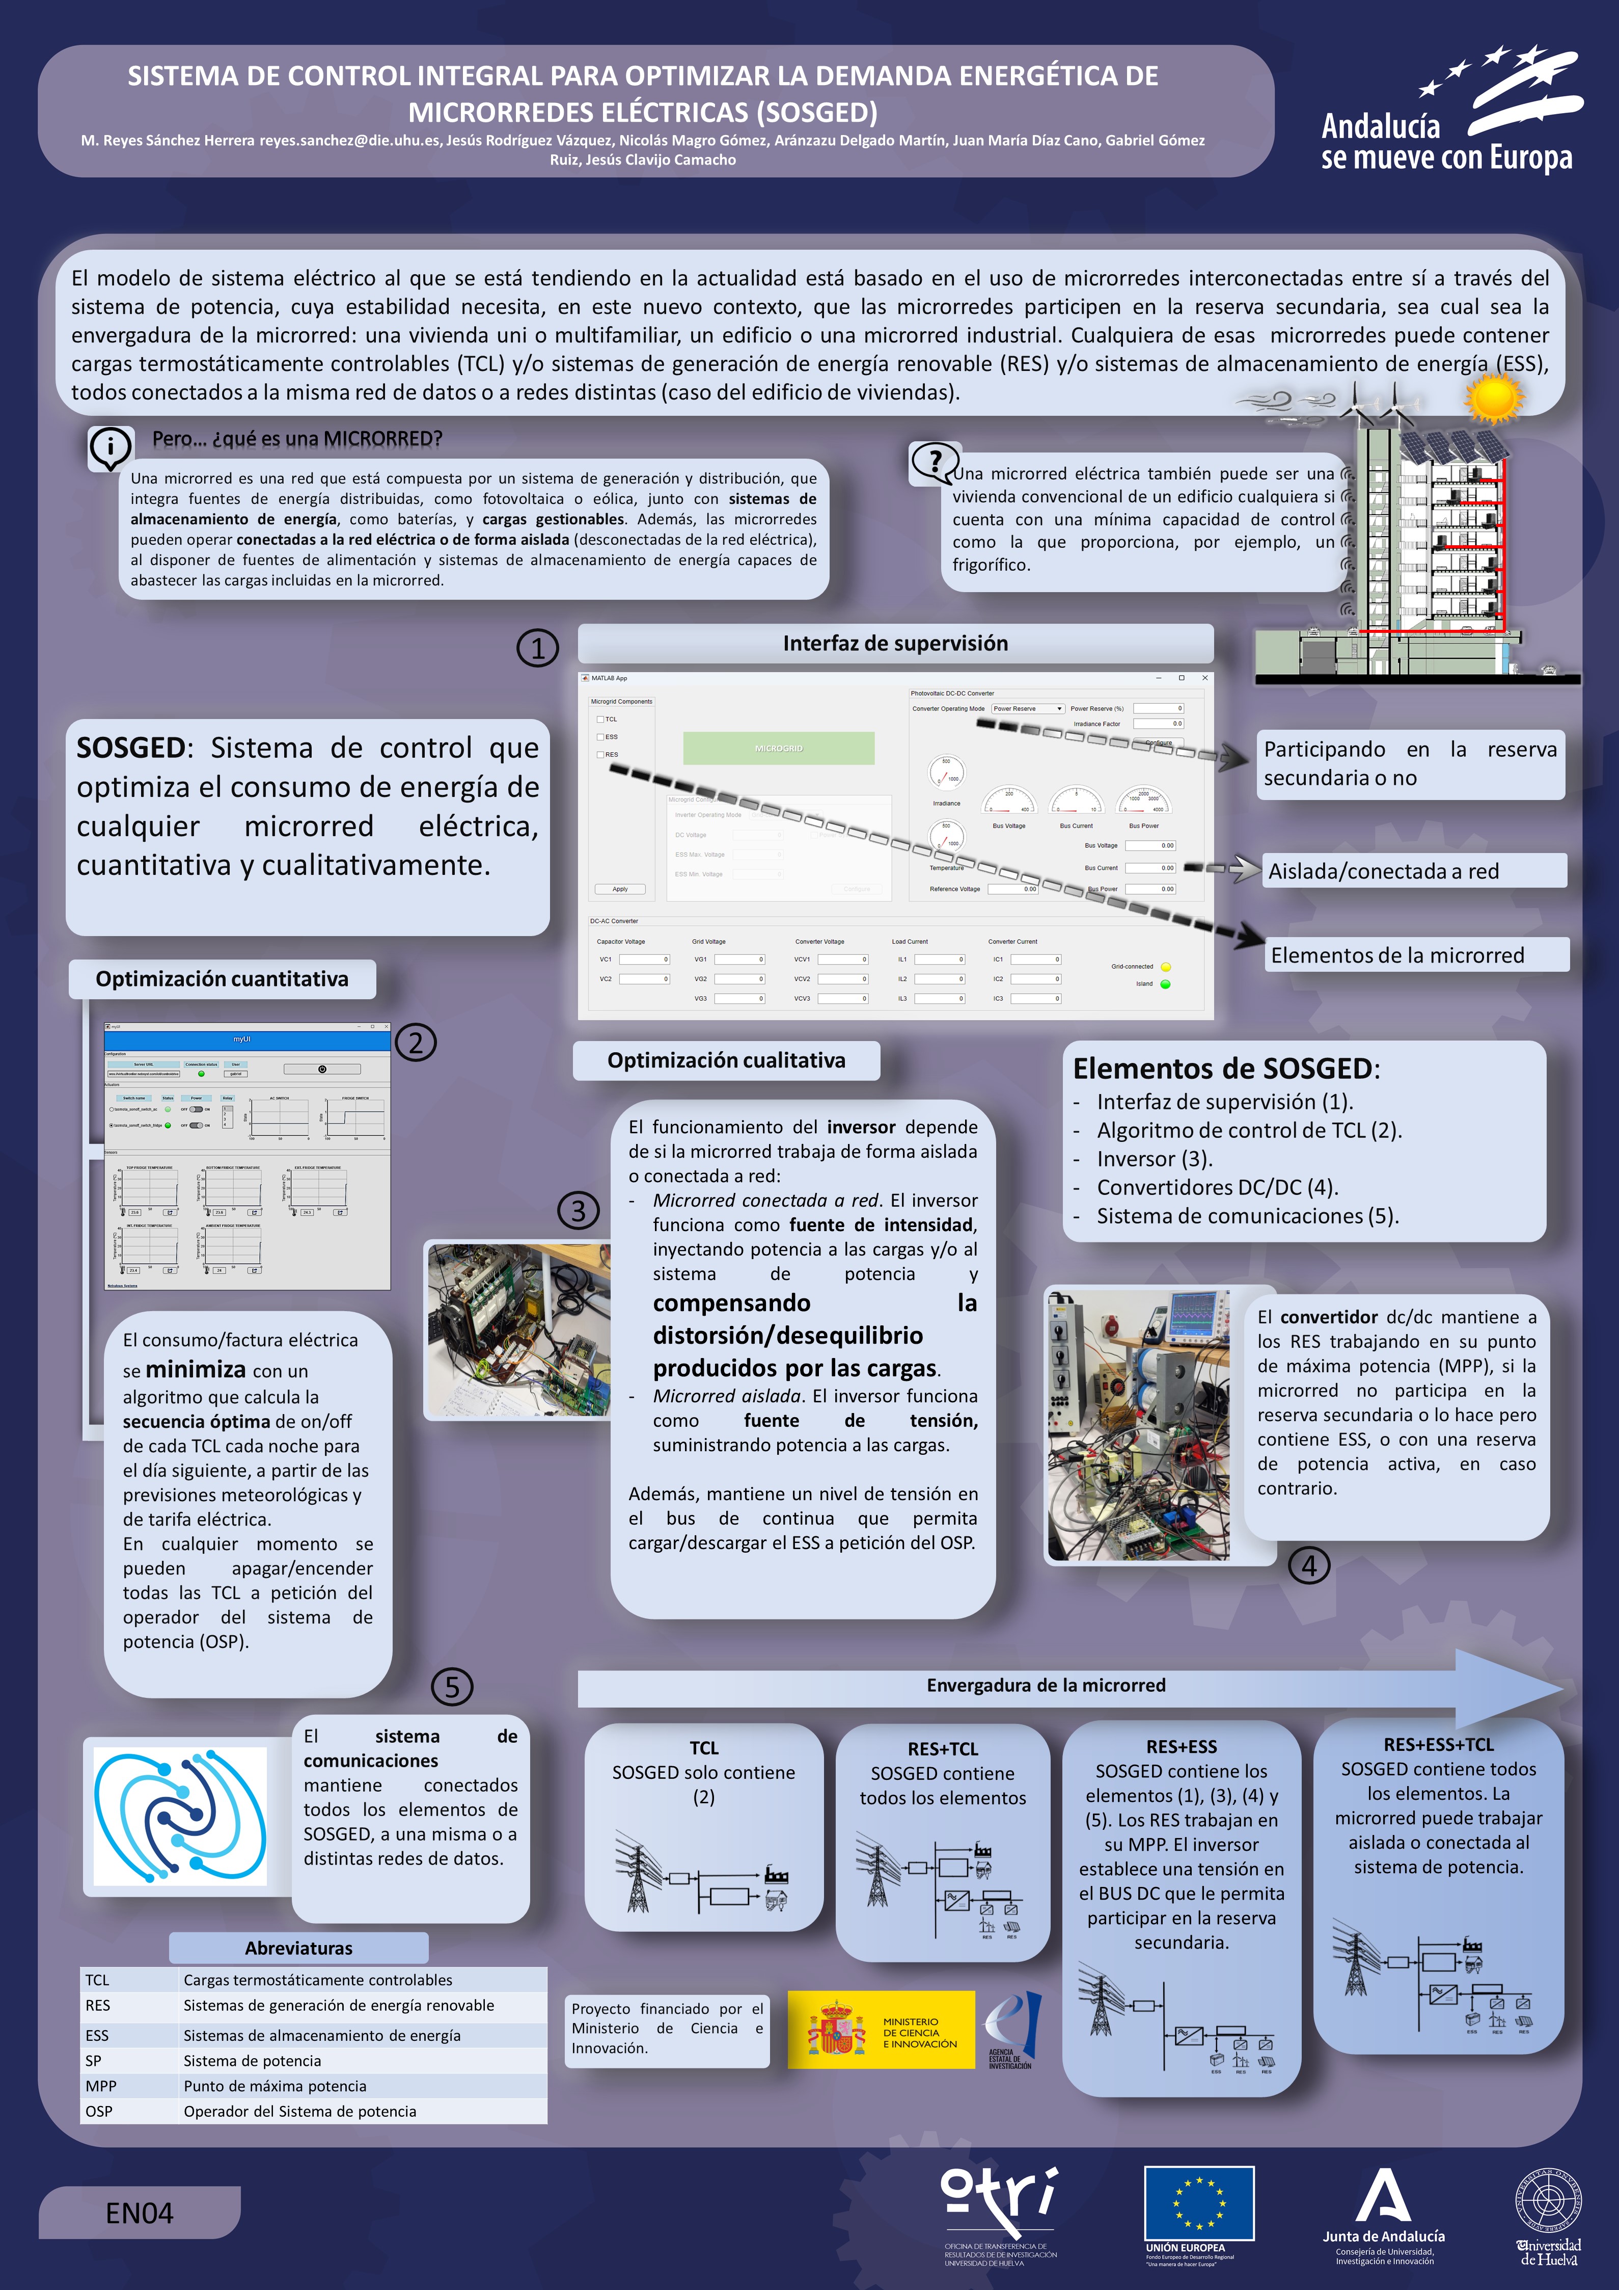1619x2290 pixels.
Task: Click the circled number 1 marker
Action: [537, 648]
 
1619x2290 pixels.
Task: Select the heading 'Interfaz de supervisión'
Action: [895, 643]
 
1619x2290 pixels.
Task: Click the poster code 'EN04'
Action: [140, 2213]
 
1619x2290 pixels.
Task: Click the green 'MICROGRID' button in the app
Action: [779, 748]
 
